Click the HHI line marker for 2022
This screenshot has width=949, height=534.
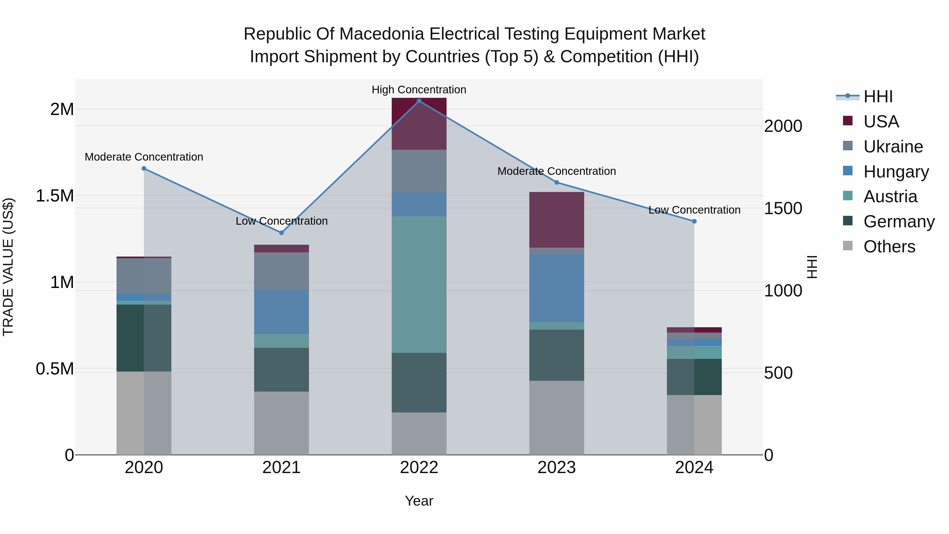click(x=419, y=101)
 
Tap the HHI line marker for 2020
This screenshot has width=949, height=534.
click(x=144, y=169)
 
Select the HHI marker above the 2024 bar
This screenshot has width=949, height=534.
click(x=694, y=222)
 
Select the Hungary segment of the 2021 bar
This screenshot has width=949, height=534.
click(x=282, y=312)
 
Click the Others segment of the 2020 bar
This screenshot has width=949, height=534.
click(x=144, y=413)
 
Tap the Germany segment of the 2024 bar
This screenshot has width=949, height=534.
click(x=694, y=377)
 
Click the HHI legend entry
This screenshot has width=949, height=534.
click(x=878, y=97)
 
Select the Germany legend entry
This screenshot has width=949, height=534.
click(x=899, y=222)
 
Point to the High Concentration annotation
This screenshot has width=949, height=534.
click(x=419, y=90)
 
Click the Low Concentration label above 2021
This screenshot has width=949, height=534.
click(x=282, y=221)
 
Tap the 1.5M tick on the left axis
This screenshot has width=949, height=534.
click(x=55, y=196)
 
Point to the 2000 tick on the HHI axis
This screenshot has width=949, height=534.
click(x=783, y=126)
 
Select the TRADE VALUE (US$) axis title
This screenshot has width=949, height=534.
click(x=8, y=267)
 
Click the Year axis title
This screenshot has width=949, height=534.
click(x=419, y=501)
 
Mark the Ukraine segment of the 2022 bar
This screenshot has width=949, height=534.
click(x=419, y=171)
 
